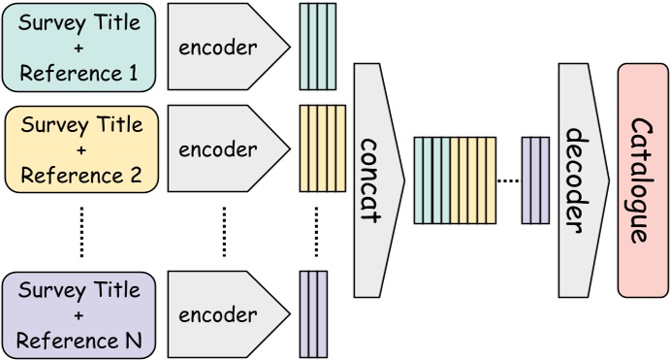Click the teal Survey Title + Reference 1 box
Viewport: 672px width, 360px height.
click(80, 46)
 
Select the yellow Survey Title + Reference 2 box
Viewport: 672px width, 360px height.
click(80, 149)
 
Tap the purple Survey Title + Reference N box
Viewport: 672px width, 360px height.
click(80, 314)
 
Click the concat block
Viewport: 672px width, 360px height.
click(374, 180)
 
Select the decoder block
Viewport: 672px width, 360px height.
click(577, 180)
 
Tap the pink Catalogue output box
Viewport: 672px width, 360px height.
click(641, 180)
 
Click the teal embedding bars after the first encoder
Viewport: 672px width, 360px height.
click(317, 47)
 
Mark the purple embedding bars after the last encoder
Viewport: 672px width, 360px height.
click(313, 314)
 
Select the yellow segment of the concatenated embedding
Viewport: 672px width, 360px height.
click(472, 180)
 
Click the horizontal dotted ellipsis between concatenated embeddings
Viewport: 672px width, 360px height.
click(508, 180)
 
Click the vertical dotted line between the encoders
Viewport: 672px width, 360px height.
click(225, 232)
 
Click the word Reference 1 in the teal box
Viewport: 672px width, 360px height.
click(80, 73)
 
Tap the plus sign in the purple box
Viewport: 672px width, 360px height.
click(80, 314)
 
